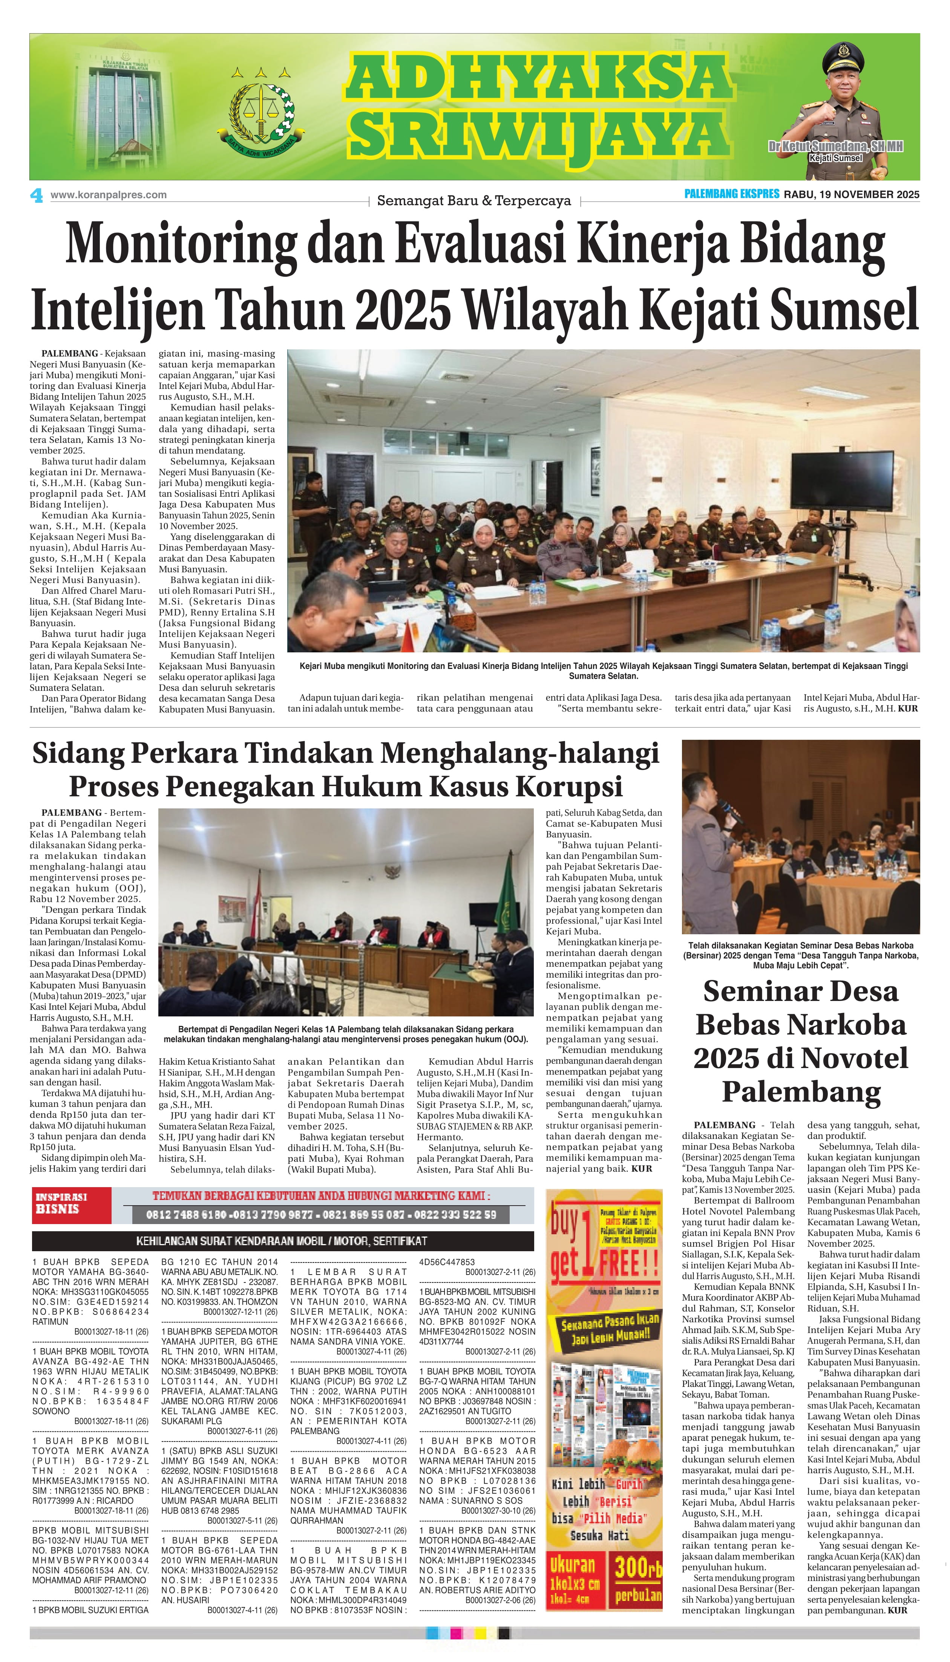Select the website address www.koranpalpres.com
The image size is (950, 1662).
[x=108, y=194]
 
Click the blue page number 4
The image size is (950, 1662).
[x=37, y=195]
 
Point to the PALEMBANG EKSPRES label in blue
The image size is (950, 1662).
[x=731, y=194]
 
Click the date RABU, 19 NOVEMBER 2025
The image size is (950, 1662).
[x=852, y=194]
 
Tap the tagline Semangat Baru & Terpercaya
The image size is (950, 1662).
[x=474, y=201]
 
